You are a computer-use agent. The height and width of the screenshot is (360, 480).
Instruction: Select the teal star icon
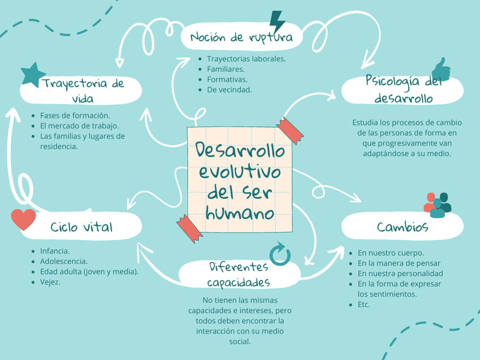click(x=33, y=74)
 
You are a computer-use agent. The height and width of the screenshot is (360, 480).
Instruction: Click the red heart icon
click(x=23, y=219)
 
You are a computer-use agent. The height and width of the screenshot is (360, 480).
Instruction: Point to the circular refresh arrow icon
click(x=280, y=255)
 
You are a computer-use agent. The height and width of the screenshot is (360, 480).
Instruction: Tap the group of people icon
click(x=438, y=205)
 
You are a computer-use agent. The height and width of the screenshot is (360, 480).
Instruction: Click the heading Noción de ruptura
click(x=241, y=38)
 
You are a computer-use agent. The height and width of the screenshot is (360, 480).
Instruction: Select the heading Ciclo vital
click(x=82, y=227)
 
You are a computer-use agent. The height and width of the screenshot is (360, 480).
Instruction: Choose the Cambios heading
click(x=402, y=227)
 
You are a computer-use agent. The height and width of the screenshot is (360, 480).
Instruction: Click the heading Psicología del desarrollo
click(x=404, y=90)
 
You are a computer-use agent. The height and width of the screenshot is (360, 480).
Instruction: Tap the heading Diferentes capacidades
click(x=238, y=274)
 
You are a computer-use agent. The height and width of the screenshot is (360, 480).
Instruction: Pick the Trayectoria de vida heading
click(x=83, y=91)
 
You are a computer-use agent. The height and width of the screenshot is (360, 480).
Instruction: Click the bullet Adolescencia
click(x=63, y=261)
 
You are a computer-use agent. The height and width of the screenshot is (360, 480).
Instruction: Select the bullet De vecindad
click(x=229, y=89)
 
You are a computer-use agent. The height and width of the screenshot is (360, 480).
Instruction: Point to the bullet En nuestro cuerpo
click(x=391, y=253)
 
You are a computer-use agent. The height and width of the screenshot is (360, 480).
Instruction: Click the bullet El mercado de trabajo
click(x=79, y=126)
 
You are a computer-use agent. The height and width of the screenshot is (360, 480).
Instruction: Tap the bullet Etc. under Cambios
click(x=363, y=304)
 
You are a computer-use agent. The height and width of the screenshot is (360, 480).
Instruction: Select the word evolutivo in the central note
click(x=239, y=172)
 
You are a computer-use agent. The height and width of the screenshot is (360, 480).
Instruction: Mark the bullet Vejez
click(x=50, y=281)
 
